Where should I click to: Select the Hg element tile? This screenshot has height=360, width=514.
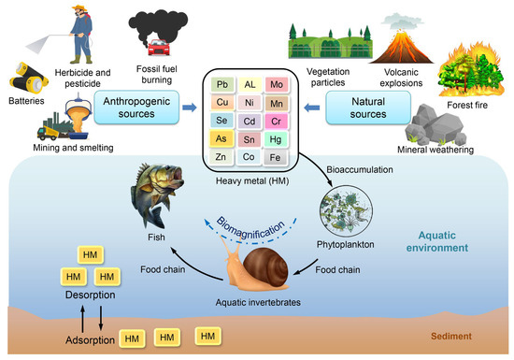(x=301, y=139)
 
